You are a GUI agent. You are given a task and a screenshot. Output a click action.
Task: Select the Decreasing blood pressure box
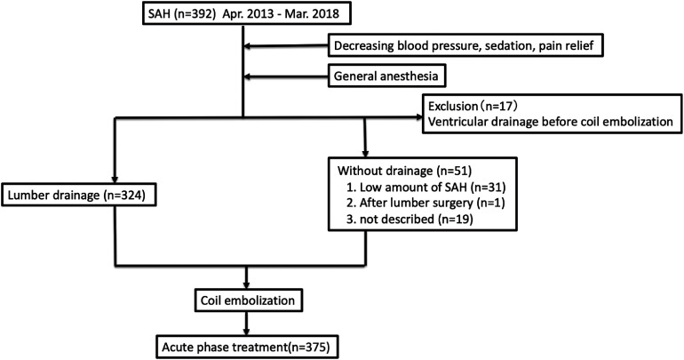pyautogui.click(x=465, y=45)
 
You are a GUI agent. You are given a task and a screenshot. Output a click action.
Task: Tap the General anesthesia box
pyautogui.click(x=386, y=76)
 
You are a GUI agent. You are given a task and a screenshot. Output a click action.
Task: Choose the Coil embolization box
pyautogui.click(x=247, y=300)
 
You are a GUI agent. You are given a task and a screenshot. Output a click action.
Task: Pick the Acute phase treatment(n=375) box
pyautogui.click(x=246, y=348)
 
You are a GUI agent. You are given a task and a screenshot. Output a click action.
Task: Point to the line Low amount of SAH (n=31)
pyautogui.click(x=426, y=188)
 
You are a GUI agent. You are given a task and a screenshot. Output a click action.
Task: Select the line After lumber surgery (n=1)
pyautogui.click(x=426, y=204)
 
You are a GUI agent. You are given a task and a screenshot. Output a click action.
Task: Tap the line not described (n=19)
pyautogui.click(x=410, y=220)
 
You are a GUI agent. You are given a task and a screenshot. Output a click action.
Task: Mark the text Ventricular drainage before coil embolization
pyautogui.click(x=551, y=121)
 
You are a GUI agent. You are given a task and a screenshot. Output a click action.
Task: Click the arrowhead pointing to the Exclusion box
pyautogui.click(x=418, y=117)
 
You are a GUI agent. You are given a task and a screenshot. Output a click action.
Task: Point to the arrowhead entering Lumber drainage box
pyautogui.click(x=115, y=179)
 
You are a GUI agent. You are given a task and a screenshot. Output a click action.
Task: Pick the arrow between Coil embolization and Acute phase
pyautogui.click(x=247, y=324)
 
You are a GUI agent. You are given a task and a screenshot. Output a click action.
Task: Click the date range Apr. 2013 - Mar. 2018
pyautogui.click(x=281, y=13)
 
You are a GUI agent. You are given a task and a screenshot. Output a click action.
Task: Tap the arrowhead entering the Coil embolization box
pyautogui.click(x=247, y=284)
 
